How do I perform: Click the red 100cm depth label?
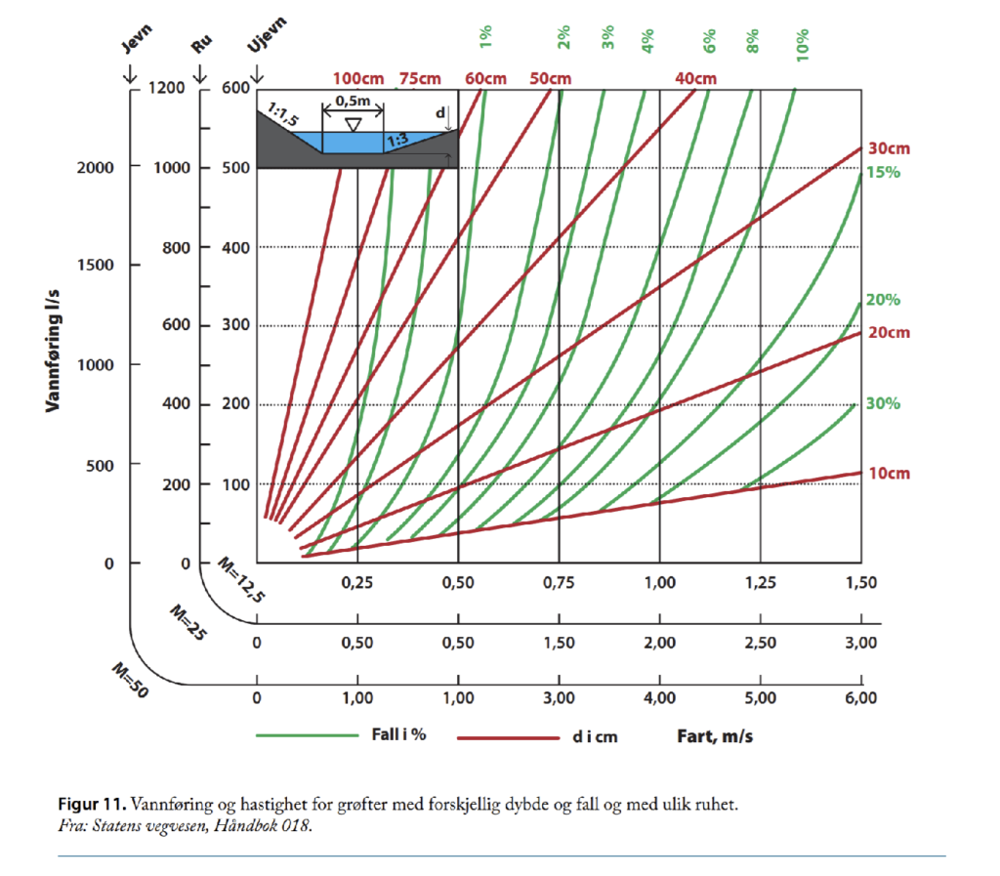[x=358, y=78]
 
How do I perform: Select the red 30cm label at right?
[x=890, y=149]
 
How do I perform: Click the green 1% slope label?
[x=485, y=38]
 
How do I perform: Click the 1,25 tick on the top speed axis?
[x=760, y=584]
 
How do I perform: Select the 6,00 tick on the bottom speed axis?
[x=859, y=698]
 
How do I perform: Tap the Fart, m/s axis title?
[x=714, y=735]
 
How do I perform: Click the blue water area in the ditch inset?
[x=356, y=143]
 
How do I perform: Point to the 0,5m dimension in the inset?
[x=353, y=101]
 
